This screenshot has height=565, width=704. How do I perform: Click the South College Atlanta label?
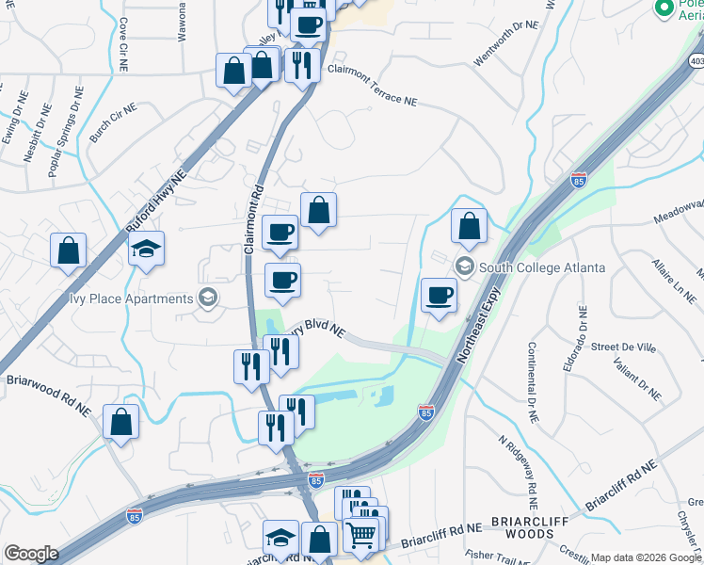pyautogui.click(x=541, y=267)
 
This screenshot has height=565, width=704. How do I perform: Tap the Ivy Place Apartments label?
pyautogui.click(x=141, y=299)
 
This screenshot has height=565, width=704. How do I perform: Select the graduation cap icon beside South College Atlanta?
pyautogui.click(x=463, y=266)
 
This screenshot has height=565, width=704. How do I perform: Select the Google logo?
pyautogui.click(x=31, y=554)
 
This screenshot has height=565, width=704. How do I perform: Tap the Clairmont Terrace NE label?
pyautogui.click(x=372, y=85)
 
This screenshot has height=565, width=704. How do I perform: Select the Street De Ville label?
pyautogui.click(x=623, y=347)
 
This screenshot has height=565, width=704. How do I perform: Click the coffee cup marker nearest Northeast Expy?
pyautogui.click(x=439, y=296)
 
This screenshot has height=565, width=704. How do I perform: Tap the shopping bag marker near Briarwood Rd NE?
pyautogui.click(x=120, y=422)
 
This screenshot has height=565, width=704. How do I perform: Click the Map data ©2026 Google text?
pyautogui.click(x=646, y=557)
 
